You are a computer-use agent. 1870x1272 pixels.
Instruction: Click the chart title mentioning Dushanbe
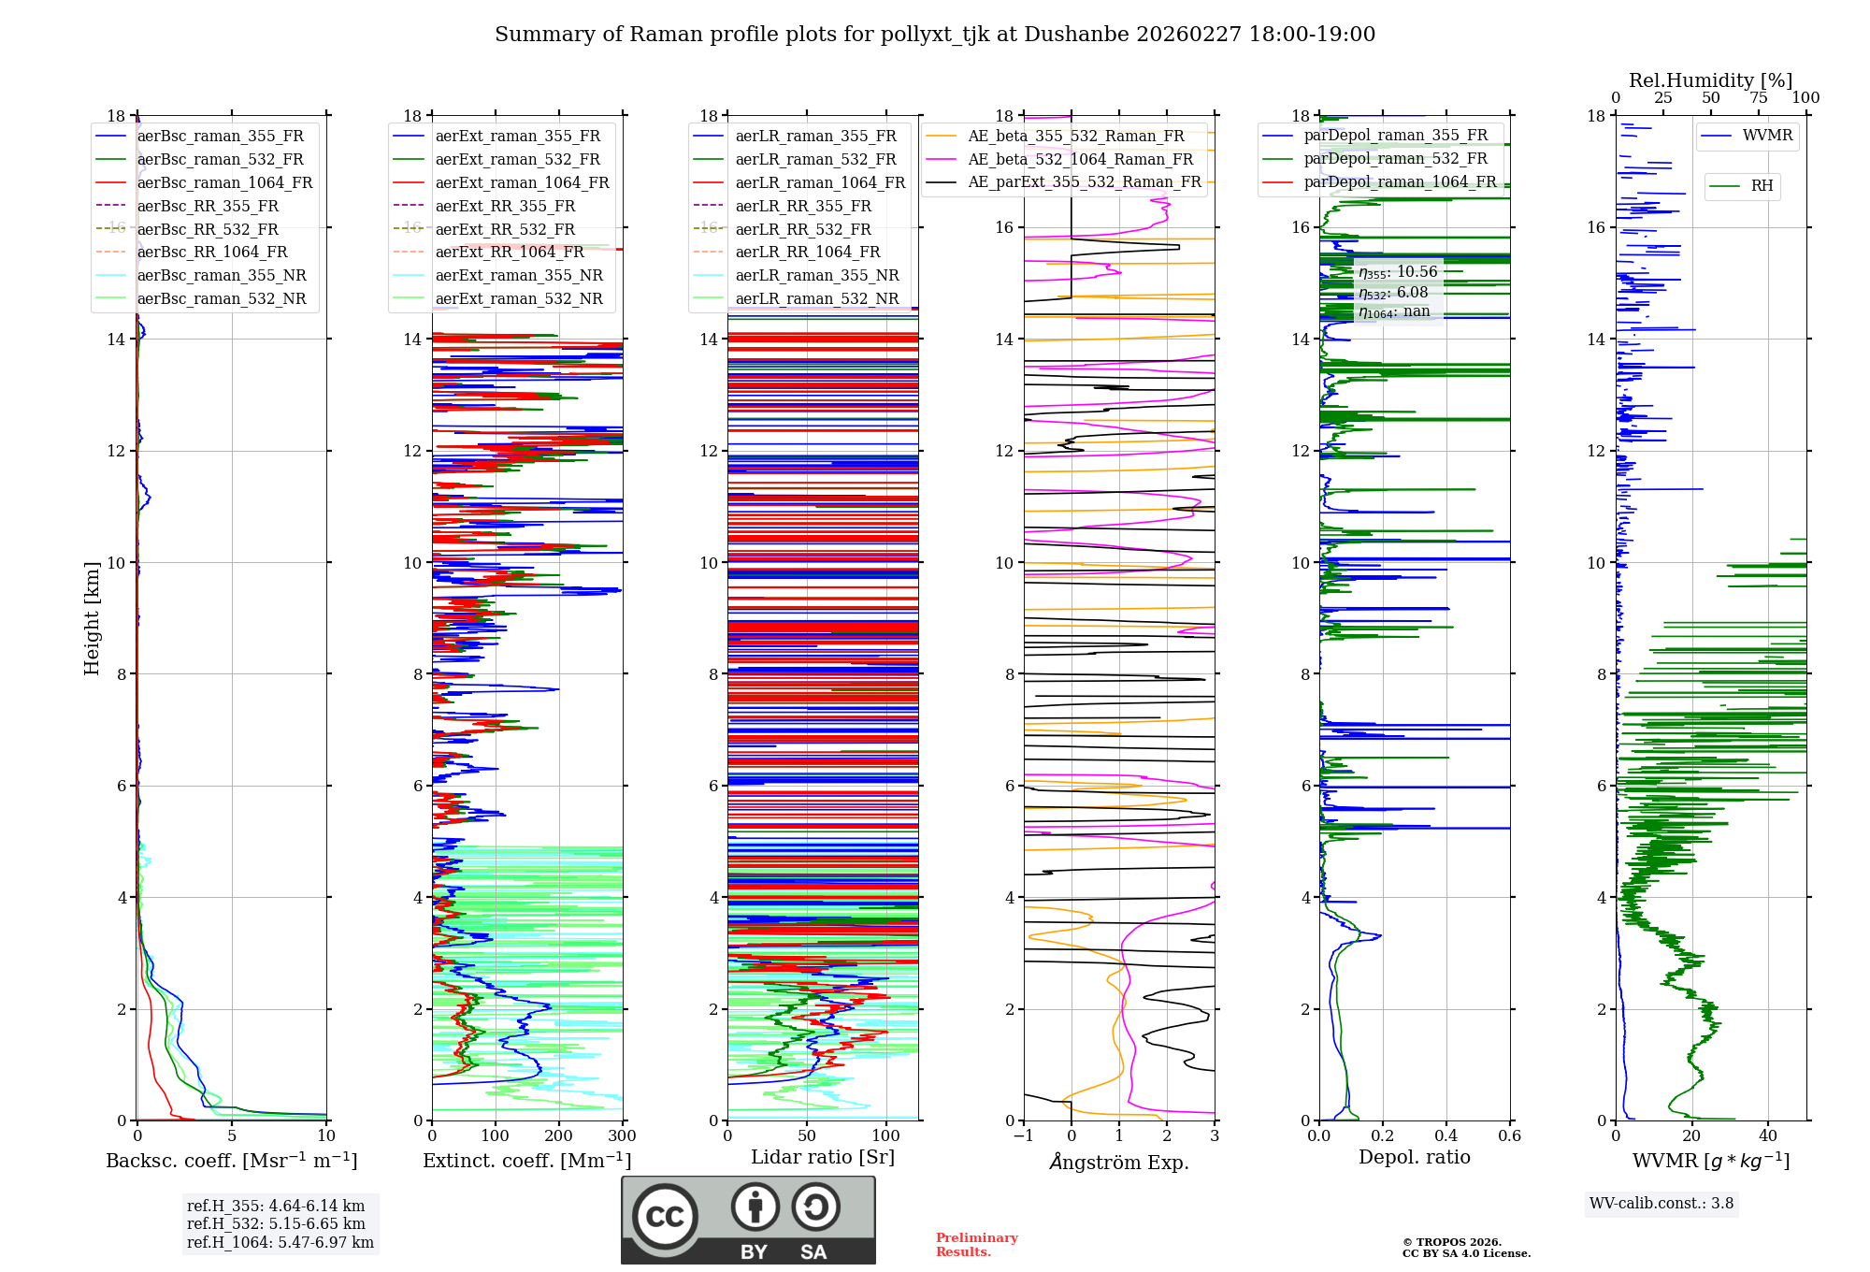(935, 35)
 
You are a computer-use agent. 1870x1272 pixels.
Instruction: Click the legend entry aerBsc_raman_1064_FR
(224, 183)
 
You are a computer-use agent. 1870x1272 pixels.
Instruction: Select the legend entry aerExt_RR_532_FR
(505, 229)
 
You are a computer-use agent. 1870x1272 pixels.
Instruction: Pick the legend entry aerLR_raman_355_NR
(816, 276)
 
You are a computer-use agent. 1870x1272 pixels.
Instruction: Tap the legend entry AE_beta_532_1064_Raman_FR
(1080, 160)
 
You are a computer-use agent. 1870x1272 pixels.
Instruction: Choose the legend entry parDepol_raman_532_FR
(1395, 159)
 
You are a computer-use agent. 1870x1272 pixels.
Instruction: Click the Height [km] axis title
(92, 618)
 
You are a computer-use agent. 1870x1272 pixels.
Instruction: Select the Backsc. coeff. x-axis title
(231, 1161)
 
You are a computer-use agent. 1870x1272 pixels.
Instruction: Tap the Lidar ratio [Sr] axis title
(823, 1157)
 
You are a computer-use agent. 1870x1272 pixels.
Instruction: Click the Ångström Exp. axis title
(1119, 1162)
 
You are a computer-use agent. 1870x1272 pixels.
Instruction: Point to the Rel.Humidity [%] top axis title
(1710, 80)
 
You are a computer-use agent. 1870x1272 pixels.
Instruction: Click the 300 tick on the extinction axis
(622, 1136)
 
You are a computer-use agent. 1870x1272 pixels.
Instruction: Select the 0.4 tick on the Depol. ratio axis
(1446, 1136)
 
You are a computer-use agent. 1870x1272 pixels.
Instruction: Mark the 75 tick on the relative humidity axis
(1759, 98)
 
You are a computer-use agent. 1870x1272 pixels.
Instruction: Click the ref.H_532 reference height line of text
(276, 1224)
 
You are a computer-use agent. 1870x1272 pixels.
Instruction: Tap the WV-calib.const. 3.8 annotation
(1661, 1204)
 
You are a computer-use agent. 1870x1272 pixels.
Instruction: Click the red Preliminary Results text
(976, 1245)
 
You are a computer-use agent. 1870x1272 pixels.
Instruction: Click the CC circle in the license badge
(665, 1217)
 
